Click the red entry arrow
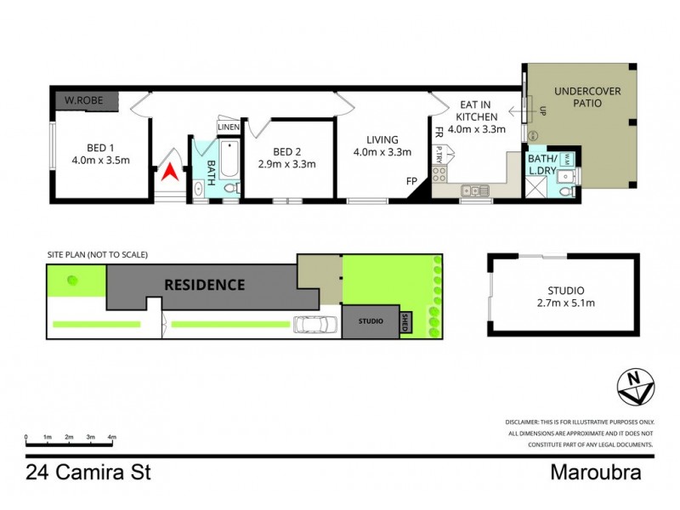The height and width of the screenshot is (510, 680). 170,172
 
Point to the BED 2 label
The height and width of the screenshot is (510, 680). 286,158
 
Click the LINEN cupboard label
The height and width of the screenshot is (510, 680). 229,127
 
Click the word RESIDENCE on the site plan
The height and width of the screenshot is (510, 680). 204,285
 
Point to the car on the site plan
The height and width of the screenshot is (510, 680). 314,324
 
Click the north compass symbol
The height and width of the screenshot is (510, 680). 634,387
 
